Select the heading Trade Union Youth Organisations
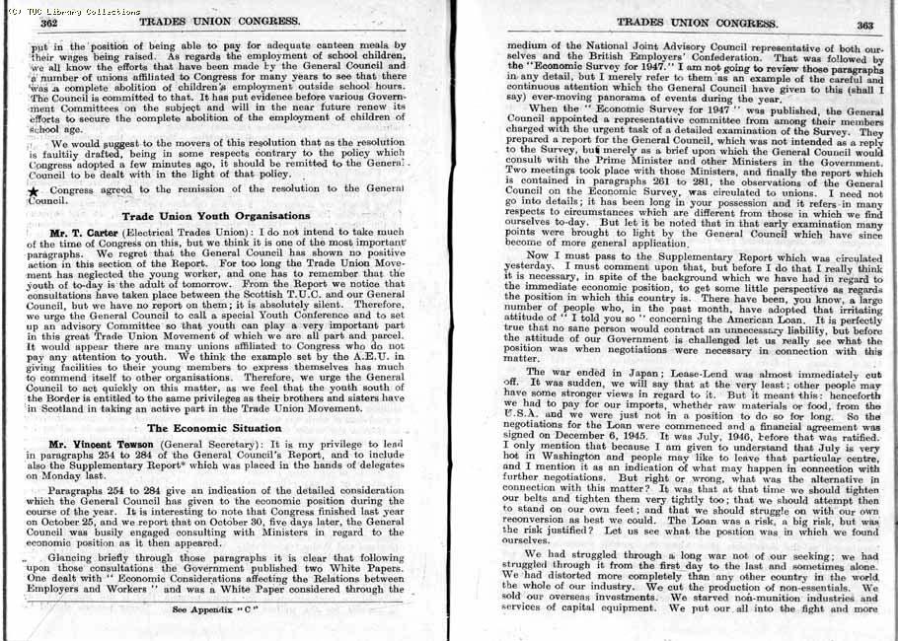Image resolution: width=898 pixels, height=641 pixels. [216, 216]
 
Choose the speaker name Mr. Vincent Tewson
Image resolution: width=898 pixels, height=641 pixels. [103, 445]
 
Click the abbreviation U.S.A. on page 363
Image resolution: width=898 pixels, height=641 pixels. [525, 418]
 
